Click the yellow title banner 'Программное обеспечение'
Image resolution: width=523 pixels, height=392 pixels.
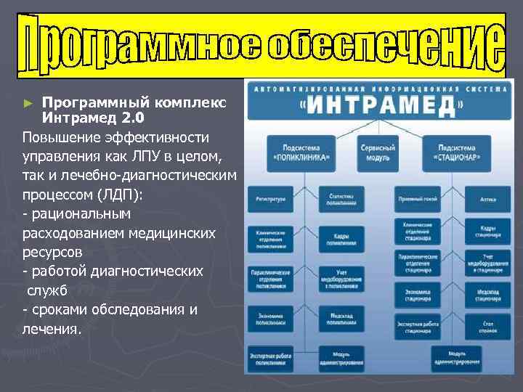tap(261, 45)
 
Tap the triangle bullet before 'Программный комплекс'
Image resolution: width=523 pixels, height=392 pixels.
tap(28, 103)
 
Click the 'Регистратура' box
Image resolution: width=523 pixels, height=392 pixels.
tap(271, 197)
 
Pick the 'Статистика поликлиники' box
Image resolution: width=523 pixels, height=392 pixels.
tap(340, 197)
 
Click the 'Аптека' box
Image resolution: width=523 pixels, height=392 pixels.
tap(488, 197)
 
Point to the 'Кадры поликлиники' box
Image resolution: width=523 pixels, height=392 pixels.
tap(340, 239)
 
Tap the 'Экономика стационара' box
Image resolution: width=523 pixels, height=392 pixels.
tap(418, 295)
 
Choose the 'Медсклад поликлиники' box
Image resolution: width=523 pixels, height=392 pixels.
tap(340, 319)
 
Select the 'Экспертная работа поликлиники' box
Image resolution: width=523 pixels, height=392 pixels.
tap(271, 357)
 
